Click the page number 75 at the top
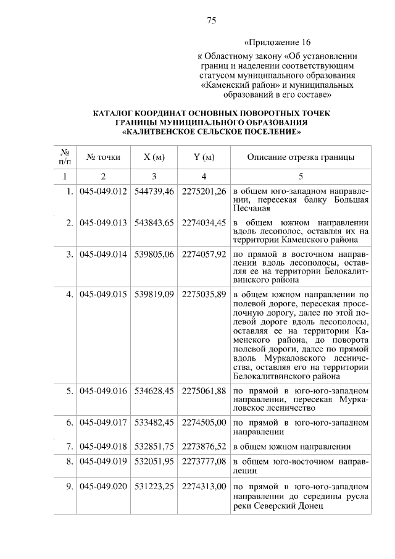click(x=211, y=21)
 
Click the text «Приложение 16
click(x=276, y=43)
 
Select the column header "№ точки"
click(x=103, y=158)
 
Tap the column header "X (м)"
click(x=154, y=158)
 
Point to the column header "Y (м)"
click(x=204, y=158)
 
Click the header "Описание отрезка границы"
click(x=301, y=158)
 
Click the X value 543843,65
click(x=154, y=222)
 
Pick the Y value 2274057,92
click(x=204, y=254)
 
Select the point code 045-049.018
click(x=103, y=447)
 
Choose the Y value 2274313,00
click(x=204, y=487)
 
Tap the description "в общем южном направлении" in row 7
click(x=292, y=447)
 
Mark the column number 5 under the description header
click(x=301, y=177)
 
